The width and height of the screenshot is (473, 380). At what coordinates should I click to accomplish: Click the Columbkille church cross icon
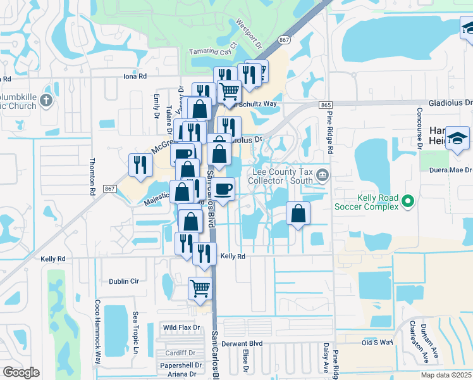pos(45,100)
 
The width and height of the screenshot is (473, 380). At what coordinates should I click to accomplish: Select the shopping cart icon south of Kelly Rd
pos(200,288)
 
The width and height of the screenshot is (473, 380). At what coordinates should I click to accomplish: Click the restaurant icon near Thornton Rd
pos(140,165)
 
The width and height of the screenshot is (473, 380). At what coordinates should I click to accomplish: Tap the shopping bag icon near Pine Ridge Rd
pos(298,213)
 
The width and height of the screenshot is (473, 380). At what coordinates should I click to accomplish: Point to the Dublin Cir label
pos(123,281)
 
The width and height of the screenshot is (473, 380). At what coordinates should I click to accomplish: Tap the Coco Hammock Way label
pos(98,331)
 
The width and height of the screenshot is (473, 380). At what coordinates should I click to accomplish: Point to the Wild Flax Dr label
pos(181,327)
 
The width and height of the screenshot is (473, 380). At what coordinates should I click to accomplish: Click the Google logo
pos(21,372)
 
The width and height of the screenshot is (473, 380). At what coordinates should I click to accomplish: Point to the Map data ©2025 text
pos(445,375)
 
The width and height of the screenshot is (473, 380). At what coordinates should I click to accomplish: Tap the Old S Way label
pos(377,343)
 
